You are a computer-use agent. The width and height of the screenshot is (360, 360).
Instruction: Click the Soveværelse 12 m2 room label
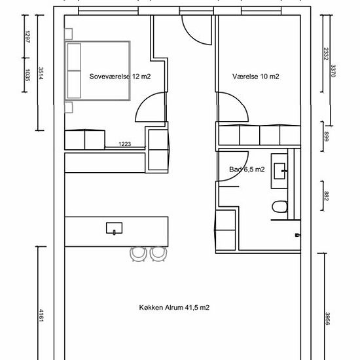click(x=120, y=77)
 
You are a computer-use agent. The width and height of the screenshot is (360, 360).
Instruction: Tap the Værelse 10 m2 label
click(x=255, y=77)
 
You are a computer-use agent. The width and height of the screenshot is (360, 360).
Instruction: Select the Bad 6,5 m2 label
click(x=247, y=170)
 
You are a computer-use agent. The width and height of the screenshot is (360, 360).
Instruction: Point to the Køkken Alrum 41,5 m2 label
click(x=174, y=308)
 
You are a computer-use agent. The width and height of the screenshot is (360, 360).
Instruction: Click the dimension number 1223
click(x=124, y=144)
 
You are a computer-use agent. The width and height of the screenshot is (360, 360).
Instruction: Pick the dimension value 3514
click(x=41, y=73)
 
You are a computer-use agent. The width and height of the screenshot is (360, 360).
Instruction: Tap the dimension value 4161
click(x=41, y=315)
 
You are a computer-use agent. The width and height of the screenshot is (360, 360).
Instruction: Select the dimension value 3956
click(x=327, y=319)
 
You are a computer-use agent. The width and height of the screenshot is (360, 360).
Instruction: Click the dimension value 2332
click(x=325, y=54)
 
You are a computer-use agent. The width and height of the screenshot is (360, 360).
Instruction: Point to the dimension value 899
click(x=326, y=136)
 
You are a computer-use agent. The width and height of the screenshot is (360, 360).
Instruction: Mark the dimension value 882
click(x=326, y=196)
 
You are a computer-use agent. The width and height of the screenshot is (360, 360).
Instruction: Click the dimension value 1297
click(x=27, y=37)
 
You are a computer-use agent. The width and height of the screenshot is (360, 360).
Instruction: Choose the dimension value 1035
click(x=27, y=75)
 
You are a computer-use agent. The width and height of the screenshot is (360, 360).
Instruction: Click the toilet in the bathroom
click(x=279, y=207)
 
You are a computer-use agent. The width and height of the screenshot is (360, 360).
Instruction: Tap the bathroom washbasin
click(x=280, y=171)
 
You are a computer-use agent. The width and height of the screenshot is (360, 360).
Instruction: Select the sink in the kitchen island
click(x=114, y=228)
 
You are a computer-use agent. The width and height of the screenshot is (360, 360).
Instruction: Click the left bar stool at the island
click(x=139, y=254)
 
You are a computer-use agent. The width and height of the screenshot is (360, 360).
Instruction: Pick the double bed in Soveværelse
click(x=98, y=71)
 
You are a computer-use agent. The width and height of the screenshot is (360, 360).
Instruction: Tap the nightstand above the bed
click(x=69, y=34)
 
